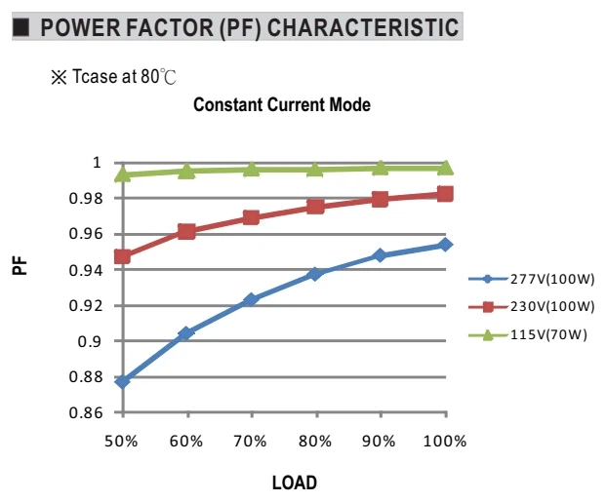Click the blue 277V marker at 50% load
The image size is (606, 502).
(x=123, y=381)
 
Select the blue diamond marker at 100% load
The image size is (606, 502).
(x=445, y=245)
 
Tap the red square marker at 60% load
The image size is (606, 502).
(x=186, y=232)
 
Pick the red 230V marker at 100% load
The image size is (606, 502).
(x=445, y=194)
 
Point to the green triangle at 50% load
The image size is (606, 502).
(x=123, y=174)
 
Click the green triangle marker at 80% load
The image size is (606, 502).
(x=315, y=169)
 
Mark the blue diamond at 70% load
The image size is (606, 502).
(x=251, y=299)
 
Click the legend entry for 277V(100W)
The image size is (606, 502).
(x=532, y=279)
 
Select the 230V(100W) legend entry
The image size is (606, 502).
(x=532, y=307)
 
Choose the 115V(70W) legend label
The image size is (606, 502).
(x=528, y=334)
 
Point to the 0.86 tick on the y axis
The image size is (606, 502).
(x=86, y=412)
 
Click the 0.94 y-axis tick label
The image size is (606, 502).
(x=86, y=270)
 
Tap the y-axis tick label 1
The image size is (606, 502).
(x=97, y=162)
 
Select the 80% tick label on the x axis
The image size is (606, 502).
(x=315, y=441)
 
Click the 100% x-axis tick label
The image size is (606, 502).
(x=445, y=441)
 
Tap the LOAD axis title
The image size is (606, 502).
(x=295, y=483)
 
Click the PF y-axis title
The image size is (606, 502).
(x=20, y=266)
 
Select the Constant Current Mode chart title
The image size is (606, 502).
(x=282, y=104)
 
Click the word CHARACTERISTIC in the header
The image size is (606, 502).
(x=363, y=27)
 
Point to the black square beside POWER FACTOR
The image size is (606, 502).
(x=20, y=27)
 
